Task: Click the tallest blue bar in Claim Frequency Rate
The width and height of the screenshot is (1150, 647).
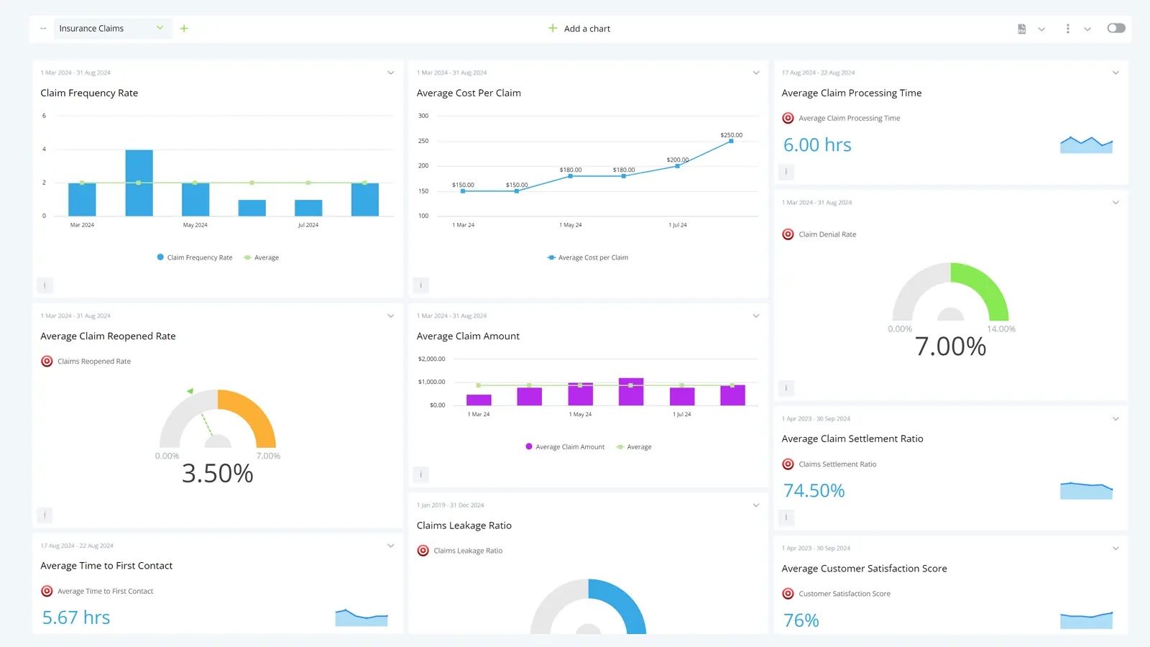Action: (139, 183)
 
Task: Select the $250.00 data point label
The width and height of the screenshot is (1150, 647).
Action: (731, 135)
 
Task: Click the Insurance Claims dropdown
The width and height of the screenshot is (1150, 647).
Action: (111, 29)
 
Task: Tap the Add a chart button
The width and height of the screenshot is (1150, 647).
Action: (579, 29)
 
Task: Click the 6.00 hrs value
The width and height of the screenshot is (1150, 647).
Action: (817, 145)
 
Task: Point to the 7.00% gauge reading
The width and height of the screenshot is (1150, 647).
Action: (950, 347)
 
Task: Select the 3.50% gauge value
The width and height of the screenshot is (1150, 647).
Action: (217, 473)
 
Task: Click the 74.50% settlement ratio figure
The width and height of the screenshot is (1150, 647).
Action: (814, 490)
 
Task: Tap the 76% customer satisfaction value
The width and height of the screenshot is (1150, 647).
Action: (801, 620)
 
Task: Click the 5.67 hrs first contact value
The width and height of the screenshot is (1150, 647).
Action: (76, 618)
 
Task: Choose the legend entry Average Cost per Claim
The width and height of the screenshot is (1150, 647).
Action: (592, 257)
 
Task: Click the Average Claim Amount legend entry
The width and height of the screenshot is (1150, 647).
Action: (569, 447)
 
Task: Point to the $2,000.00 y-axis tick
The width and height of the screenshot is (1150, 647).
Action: (431, 359)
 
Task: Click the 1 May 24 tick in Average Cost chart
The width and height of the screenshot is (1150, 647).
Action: (570, 225)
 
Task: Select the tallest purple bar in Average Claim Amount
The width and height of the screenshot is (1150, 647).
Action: (631, 392)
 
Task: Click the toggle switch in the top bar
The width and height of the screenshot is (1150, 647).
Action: (1115, 28)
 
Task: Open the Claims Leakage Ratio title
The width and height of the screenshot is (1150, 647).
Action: (464, 526)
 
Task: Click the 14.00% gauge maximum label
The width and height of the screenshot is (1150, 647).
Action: (1000, 329)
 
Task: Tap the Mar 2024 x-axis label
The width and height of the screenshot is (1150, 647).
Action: (82, 225)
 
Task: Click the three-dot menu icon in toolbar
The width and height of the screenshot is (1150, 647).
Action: (1067, 29)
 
